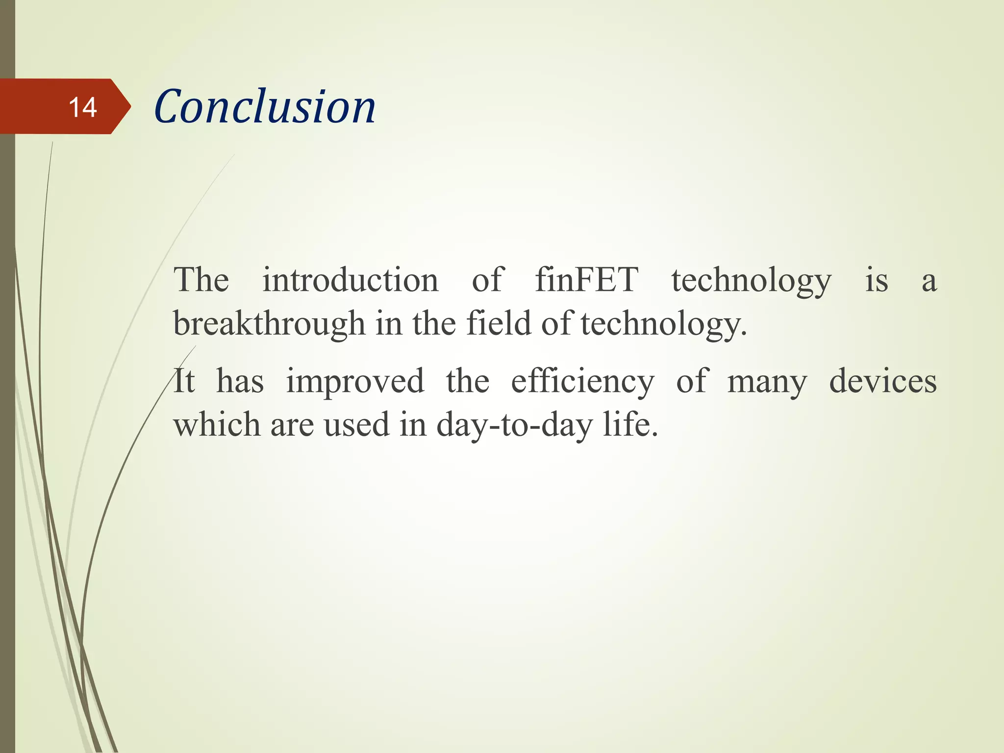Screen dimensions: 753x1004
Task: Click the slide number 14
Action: click(x=83, y=107)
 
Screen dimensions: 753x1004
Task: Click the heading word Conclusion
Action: click(x=265, y=107)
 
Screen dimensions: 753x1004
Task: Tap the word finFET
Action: click(x=586, y=280)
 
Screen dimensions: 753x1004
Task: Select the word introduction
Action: click(x=350, y=280)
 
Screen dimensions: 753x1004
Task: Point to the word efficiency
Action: click(x=582, y=381)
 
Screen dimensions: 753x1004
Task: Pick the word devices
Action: click(x=882, y=381)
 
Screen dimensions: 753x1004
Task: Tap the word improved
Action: click(x=355, y=381)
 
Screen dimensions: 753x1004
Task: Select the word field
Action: click(x=498, y=324)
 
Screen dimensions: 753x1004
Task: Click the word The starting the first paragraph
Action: click(x=201, y=280)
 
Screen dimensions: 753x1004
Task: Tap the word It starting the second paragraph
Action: click(x=184, y=381)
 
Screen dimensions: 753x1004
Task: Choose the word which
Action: click(x=217, y=425)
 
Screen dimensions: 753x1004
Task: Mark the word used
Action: click(x=356, y=425)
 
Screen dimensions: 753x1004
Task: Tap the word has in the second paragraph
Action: click(x=240, y=381)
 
